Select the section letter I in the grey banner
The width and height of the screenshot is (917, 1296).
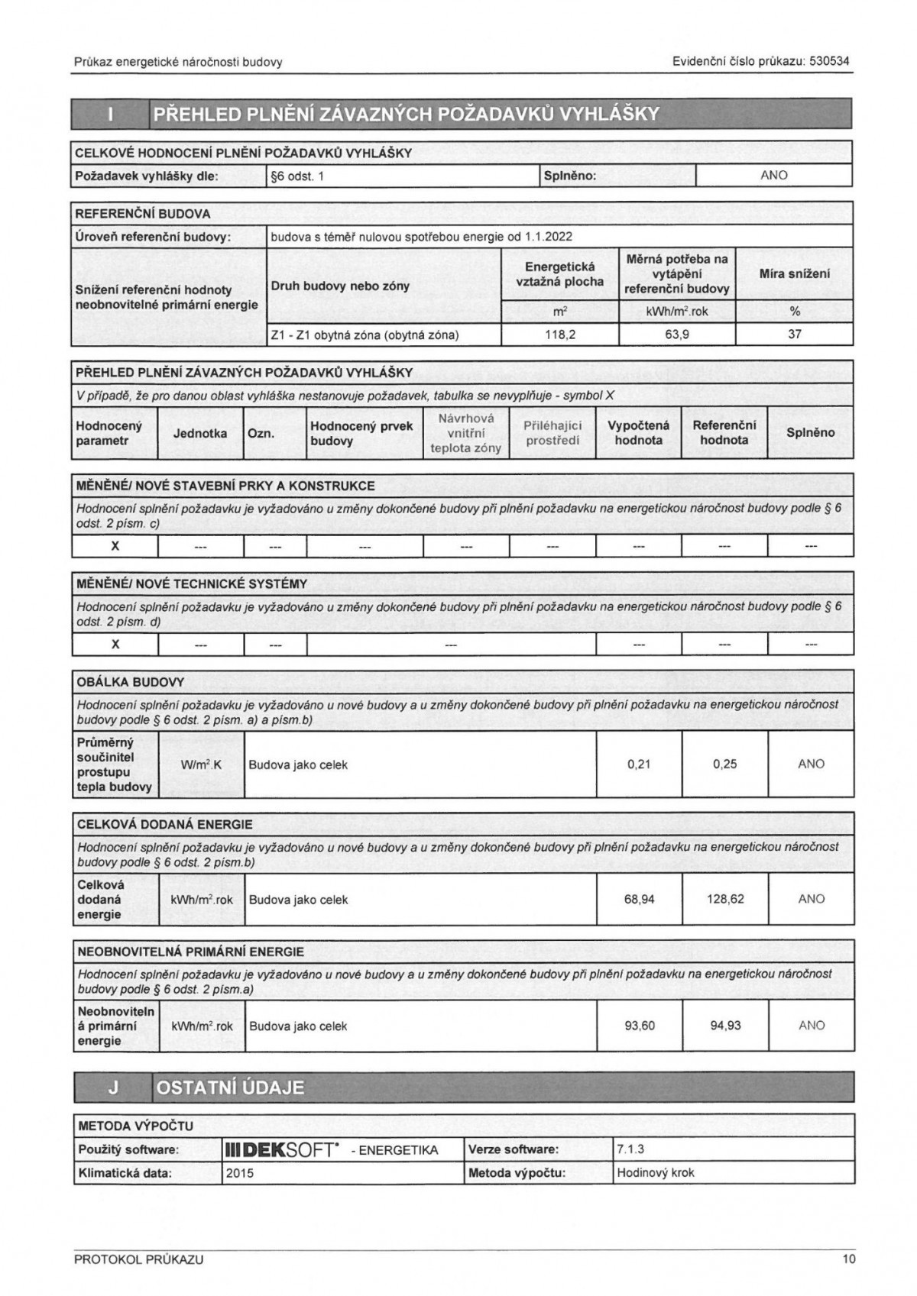click(x=112, y=115)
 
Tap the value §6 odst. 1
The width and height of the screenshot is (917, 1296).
click(x=298, y=176)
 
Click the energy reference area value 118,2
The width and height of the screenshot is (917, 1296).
click(x=560, y=335)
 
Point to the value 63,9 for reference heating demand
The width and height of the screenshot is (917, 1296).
click(x=677, y=335)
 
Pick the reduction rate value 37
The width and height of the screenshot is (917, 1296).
click(x=795, y=335)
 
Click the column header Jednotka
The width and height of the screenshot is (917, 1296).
click(x=200, y=433)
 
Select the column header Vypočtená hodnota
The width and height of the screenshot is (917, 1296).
click(x=638, y=433)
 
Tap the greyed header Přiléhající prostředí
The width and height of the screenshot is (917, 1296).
click(x=553, y=433)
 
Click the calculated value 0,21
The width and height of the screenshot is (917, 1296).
click(x=639, y=764)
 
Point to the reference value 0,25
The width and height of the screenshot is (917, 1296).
click(x=724, y=764)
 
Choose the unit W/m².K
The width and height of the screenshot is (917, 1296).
click(x=202, y=764)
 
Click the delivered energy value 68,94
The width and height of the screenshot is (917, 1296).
click(x=640, y=900)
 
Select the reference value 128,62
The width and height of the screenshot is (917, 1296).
click(x=725, y=900)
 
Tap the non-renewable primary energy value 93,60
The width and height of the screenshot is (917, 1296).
click(x=640, y=1026)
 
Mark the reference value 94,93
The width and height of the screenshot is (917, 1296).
click(x=725, y=1026)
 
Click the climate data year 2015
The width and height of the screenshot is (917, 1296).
click(x=240, y=1173)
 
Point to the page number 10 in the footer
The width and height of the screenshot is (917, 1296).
click(x=849, y=1260)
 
